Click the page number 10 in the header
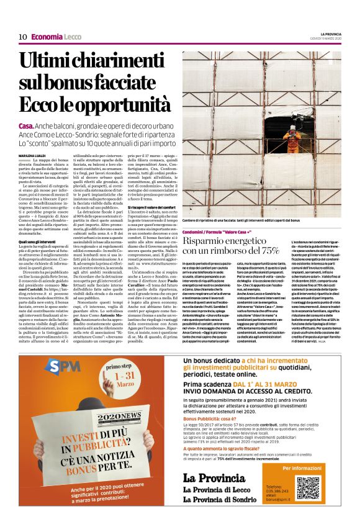[22, 37]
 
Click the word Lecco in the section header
[72, 37]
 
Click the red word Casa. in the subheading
[27, 125]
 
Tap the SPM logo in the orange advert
[53, 369]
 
